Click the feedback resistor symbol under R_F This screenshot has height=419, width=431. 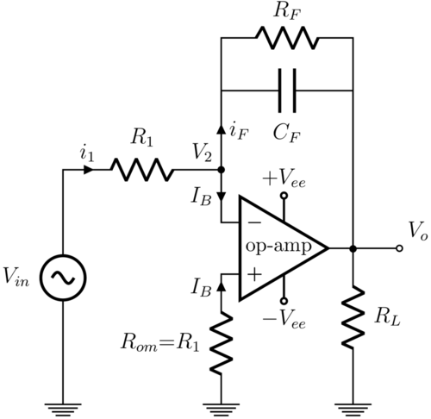click(x=287, y=39)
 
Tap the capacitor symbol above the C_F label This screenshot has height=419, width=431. click(x=287, y=91)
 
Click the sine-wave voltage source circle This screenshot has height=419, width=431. click(x=64, y=276)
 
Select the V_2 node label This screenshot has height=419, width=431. click(x=203, y=153)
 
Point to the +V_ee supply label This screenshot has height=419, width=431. click(x=284, y=179)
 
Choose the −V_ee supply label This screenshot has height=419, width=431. click(x=284, y=317)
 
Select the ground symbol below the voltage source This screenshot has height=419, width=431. click(x=64, y=402)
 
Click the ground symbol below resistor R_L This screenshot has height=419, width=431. click(x=353, y=402)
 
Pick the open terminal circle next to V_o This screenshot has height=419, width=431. click(x=398, y=248)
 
